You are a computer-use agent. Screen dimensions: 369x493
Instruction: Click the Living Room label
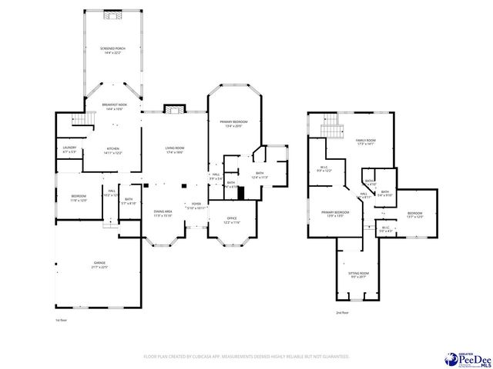[174, 151]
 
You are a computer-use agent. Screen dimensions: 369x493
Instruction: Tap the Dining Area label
[162, 214]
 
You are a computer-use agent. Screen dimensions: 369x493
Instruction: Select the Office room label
[233, 221]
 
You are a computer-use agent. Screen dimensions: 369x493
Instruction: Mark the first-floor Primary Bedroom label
[234, 124]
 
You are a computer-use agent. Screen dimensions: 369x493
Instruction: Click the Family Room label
[365, 141]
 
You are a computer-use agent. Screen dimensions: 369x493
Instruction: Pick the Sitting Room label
[359, 274]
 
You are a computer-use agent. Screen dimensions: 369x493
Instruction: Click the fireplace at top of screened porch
[113, 15]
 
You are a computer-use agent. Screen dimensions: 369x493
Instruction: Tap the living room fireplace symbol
[174, 109]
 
